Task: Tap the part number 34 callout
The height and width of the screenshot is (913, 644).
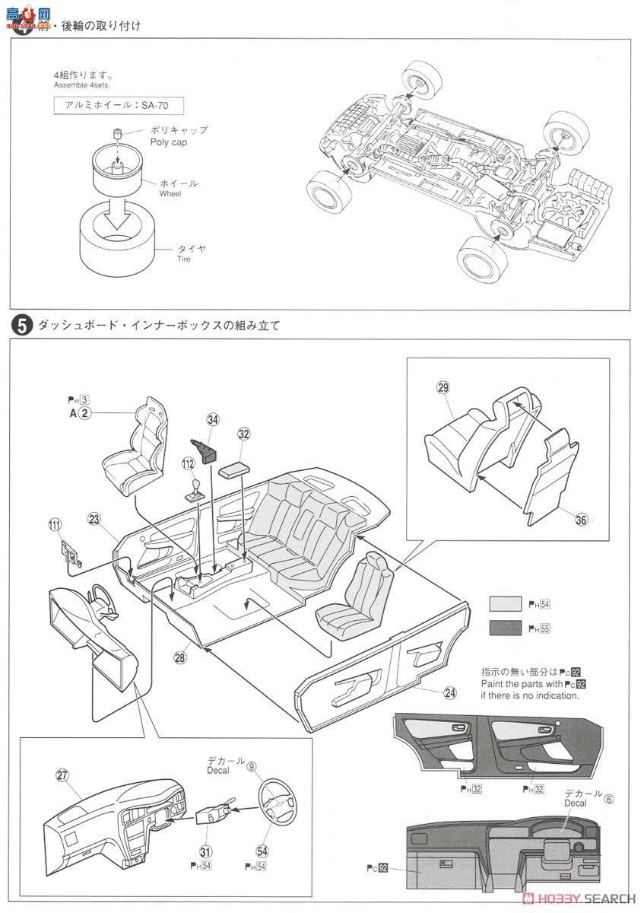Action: point(213,419)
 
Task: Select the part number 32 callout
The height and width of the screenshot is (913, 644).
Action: point(243,434)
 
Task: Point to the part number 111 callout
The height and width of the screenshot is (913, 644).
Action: point(54,523)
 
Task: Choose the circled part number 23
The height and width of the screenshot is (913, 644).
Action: point(94,520)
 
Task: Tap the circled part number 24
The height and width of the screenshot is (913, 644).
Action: point(450,692)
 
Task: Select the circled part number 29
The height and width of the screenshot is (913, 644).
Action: point(443,387)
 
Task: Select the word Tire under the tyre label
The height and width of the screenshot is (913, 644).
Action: point(163,259)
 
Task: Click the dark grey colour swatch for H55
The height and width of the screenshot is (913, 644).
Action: point(502,628)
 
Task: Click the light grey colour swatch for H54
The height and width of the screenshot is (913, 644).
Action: point(502,605)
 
